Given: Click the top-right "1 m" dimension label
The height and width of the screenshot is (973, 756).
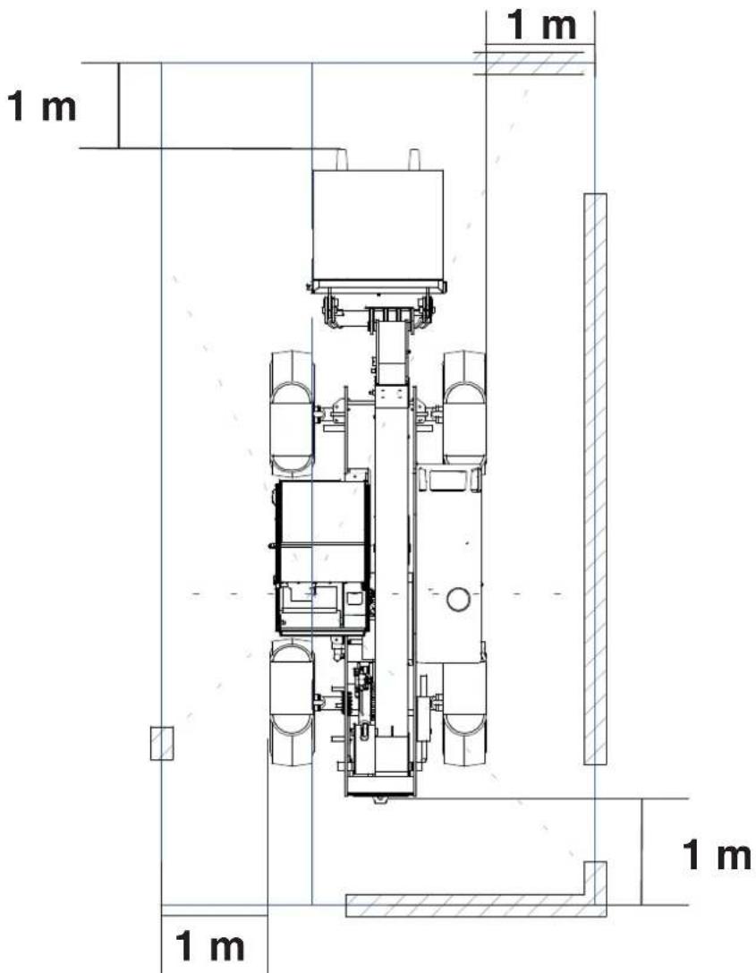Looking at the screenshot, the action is pyautogui.click(x=541, y=25).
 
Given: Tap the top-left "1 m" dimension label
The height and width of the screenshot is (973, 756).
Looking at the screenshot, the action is pyautogui.click(x=41, y=107).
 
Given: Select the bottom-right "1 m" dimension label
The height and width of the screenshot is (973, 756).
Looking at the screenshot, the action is pyautogui.click(x=717, y=856).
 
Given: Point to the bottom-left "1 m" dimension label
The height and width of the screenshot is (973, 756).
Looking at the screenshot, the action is pyautogui.click(x=210, y=946).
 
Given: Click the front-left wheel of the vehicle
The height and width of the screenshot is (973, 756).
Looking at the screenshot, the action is pyautogui.click(x=292, y=414).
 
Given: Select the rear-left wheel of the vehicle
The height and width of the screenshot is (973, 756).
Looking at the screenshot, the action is pyautogui.click(x=292, y=703).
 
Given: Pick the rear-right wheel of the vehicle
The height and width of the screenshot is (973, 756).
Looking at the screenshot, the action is pyautogui.click(x=463, y=713).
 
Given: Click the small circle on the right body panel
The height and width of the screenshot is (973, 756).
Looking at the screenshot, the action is pyautogui.click(x=458, y=600).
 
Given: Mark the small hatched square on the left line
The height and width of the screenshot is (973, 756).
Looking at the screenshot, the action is pyautogui.click(x=162, y=743).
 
